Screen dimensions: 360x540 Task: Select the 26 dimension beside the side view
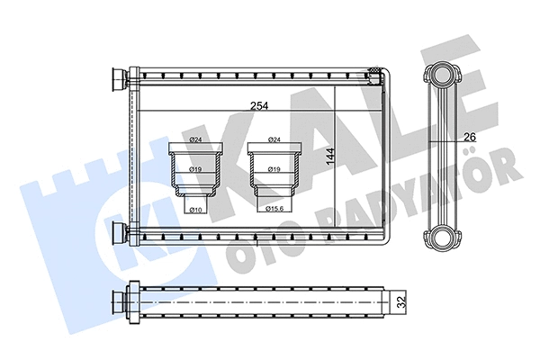467,136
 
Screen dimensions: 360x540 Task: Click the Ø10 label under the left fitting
195,209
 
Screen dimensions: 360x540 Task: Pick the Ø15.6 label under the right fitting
274,209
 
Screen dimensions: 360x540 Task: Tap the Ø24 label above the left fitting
195,139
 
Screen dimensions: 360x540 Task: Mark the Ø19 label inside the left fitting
195,168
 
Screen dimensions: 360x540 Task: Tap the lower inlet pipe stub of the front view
117,233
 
